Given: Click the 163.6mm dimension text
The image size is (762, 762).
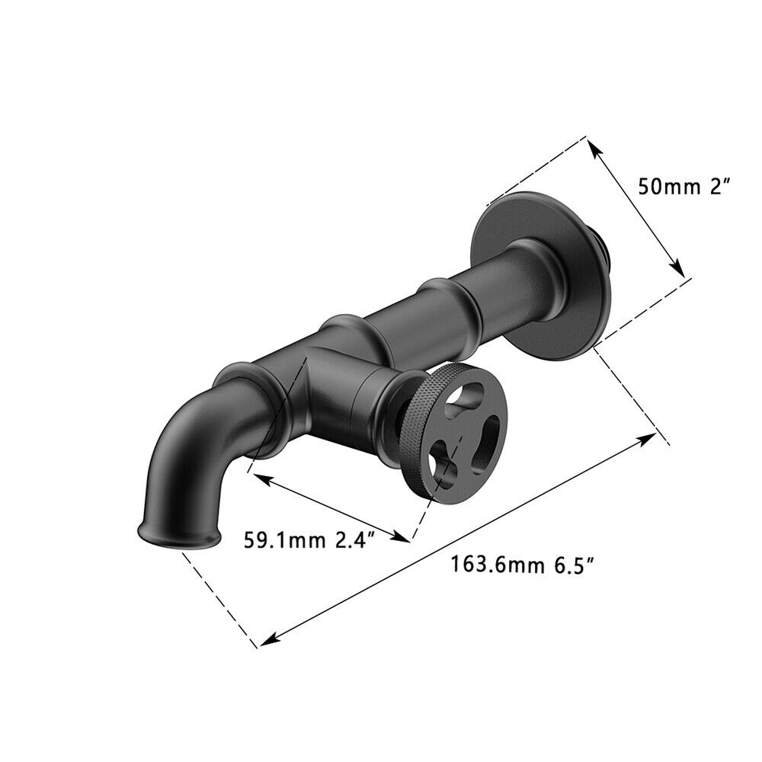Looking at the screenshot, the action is (497, 565).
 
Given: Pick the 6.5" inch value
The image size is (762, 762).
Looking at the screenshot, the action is (575, 565).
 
